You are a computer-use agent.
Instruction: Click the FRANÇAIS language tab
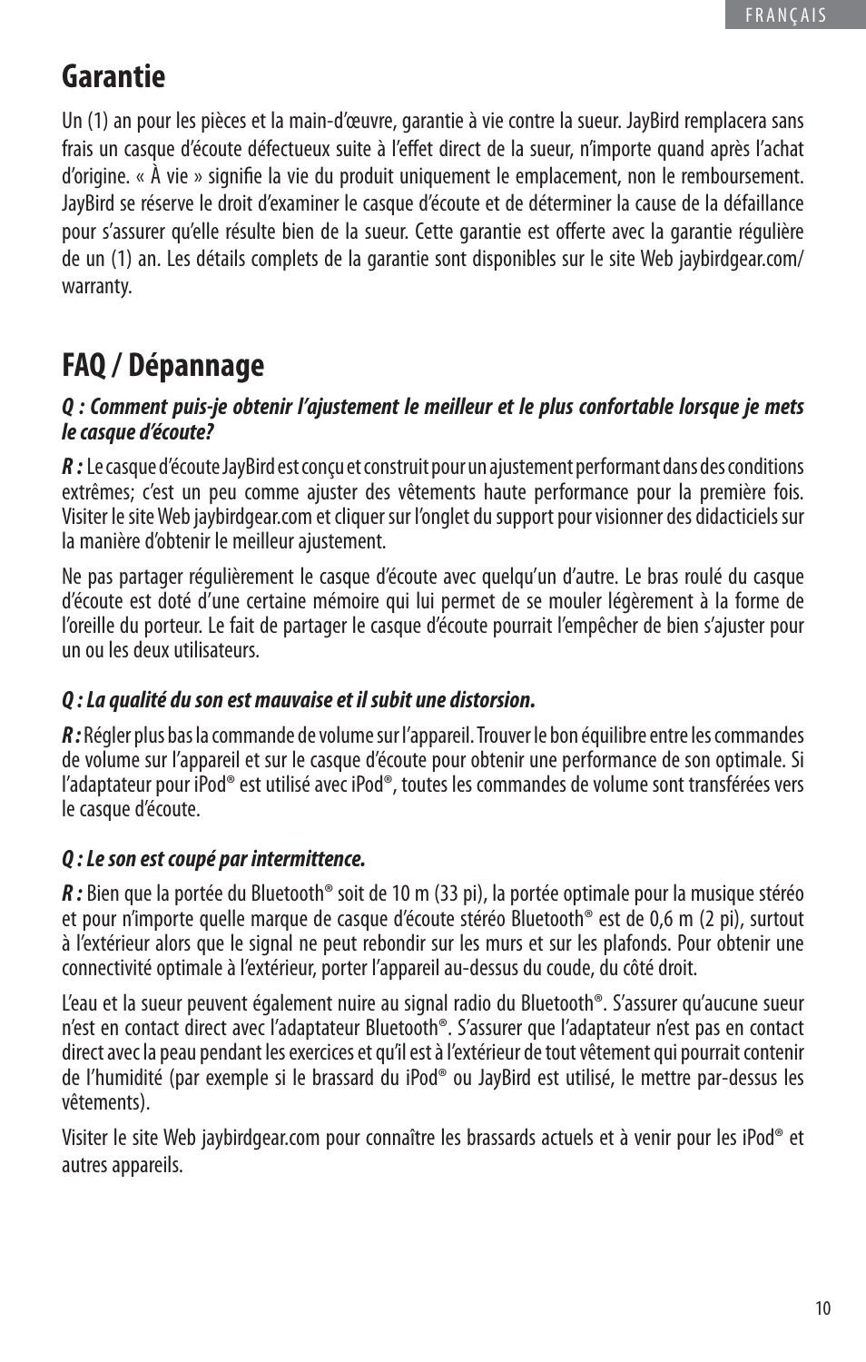(786, 15)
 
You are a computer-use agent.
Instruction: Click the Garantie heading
(113, 76)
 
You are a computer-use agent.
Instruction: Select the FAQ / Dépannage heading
(163, 365)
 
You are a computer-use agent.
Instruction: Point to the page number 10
(822, 1308)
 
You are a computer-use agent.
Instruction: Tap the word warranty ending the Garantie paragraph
(96, 286)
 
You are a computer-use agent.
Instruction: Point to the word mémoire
(433, 601)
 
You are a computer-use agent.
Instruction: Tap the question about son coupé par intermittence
(213, 858)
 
